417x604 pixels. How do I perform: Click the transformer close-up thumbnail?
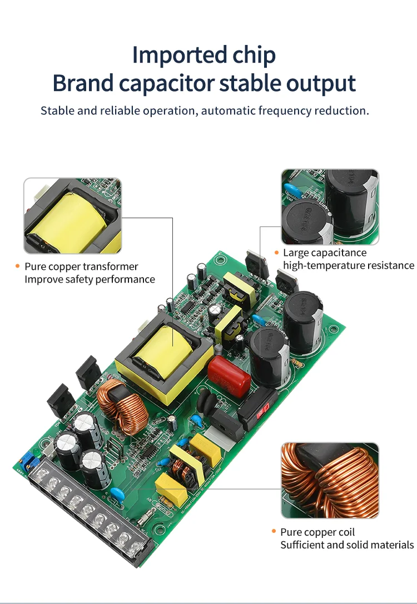[72, 215]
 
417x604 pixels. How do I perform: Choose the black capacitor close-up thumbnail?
[330, 207]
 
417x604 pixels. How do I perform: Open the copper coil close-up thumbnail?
[330, 480]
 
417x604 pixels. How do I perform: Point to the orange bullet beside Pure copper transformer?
[18, 267]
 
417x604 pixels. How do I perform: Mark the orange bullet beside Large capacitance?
[276, 253]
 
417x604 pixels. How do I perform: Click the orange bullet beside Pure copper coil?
[274, 532]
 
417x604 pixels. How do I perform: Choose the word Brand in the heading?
[83, 83]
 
